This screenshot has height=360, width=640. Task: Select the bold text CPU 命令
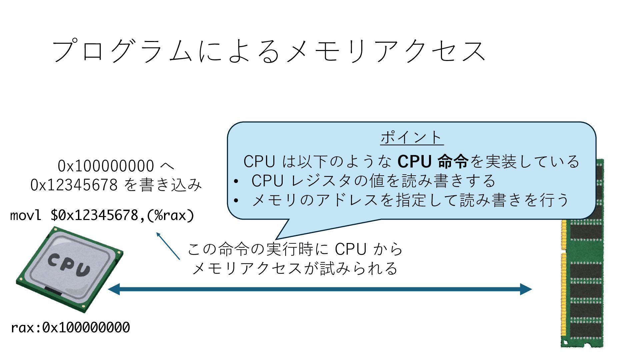(433, 161)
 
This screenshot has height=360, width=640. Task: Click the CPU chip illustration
(70, 269)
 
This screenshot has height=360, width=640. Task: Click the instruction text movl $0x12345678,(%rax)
(102, 215)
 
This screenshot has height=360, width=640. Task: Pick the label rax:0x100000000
(70, 328)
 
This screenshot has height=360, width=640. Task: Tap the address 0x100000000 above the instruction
(106, 166)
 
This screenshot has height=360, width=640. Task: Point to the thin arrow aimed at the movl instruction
(168, 246)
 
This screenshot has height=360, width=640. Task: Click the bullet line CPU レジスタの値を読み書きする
(373, 181)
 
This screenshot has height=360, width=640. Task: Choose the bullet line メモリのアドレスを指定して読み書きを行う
(410, 200)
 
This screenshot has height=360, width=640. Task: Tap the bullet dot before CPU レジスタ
(236, 181)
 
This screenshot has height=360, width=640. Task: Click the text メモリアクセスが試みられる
(295, 268)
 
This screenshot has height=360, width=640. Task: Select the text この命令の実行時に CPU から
(295, 249)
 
